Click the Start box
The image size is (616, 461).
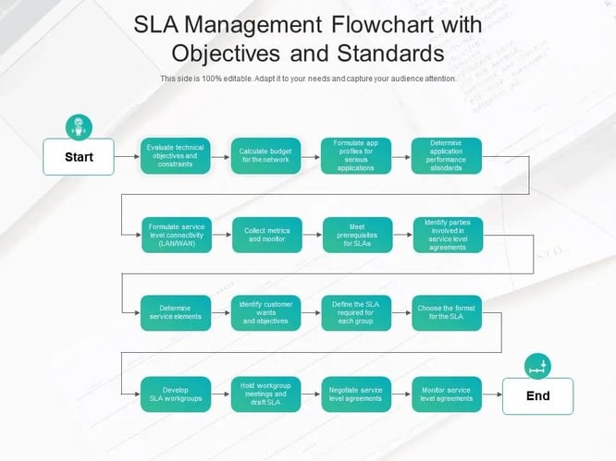pos(79,157)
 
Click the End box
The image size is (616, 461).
pos(537,395)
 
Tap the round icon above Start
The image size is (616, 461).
pos(79,127)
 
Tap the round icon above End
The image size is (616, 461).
pos(537,366)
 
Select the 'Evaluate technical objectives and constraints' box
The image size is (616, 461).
pos(175,156)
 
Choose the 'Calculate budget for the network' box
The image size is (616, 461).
pos(265,156)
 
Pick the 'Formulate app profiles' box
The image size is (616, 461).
pos(355,156)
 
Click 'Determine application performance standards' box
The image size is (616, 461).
pos(446,156)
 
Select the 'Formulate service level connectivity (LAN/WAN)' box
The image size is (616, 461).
pos(175,235)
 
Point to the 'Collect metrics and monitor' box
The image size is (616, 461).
pos(265,235)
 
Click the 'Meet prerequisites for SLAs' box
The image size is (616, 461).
pos(355,235)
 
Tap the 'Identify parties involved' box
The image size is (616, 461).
pos(446,235)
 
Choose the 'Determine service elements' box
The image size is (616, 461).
pos(175,313)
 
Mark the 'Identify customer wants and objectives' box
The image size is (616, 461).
pos(265,313)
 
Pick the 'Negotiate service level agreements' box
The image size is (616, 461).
pos(355,394)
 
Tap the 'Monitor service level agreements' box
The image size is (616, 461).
pos(446,394)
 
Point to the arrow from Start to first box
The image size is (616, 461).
pos(127,157)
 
